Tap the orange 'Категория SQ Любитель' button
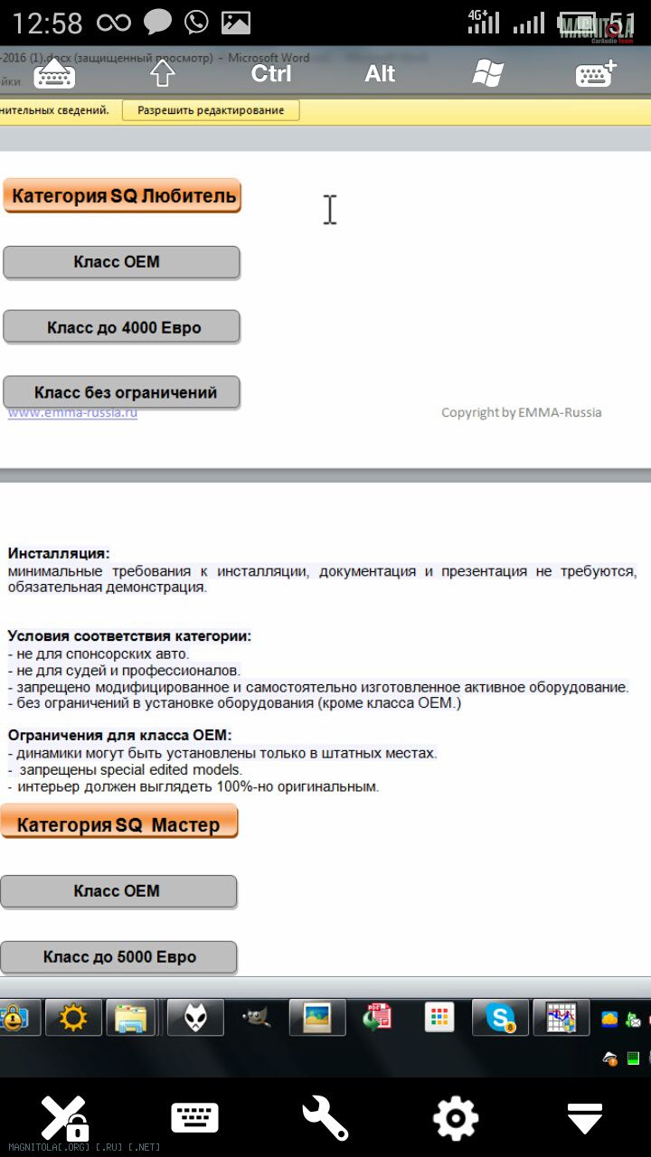pyautogui.click(x=122, y=195)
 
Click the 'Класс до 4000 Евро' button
pyautogui.click(x=122, y=327)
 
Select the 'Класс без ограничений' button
pyautogui.click(x=122, y=393)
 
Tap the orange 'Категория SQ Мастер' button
pyautogui.click(x=118, y=823)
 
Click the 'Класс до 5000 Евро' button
pyautogui.click(x=118, y=957)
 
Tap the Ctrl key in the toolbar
pyautogui.click(x=271, y=73)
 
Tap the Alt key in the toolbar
pyautogui.click(x=380, y=73)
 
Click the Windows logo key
pyautogui.click(x=487, y=73)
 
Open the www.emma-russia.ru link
pyautogui.click(x=73, y=413)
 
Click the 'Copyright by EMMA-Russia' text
pyautogui.click(x=521, y=412)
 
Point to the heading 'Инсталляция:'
pyautogui.click(x=59, y=553)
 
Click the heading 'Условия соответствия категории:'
pyautogui.click(x=129, y=636)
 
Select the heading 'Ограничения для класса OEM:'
pyautogui.click(x=120, y=736)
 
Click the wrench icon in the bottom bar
pyautogui.click(x=325, y=1118)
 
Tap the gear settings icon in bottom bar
pyautogui.click(x=456, y=1118)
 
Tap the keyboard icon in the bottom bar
pyautogui.click(x=194, y=1118)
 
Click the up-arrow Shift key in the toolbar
pyautogui.click(x=162, y=73)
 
